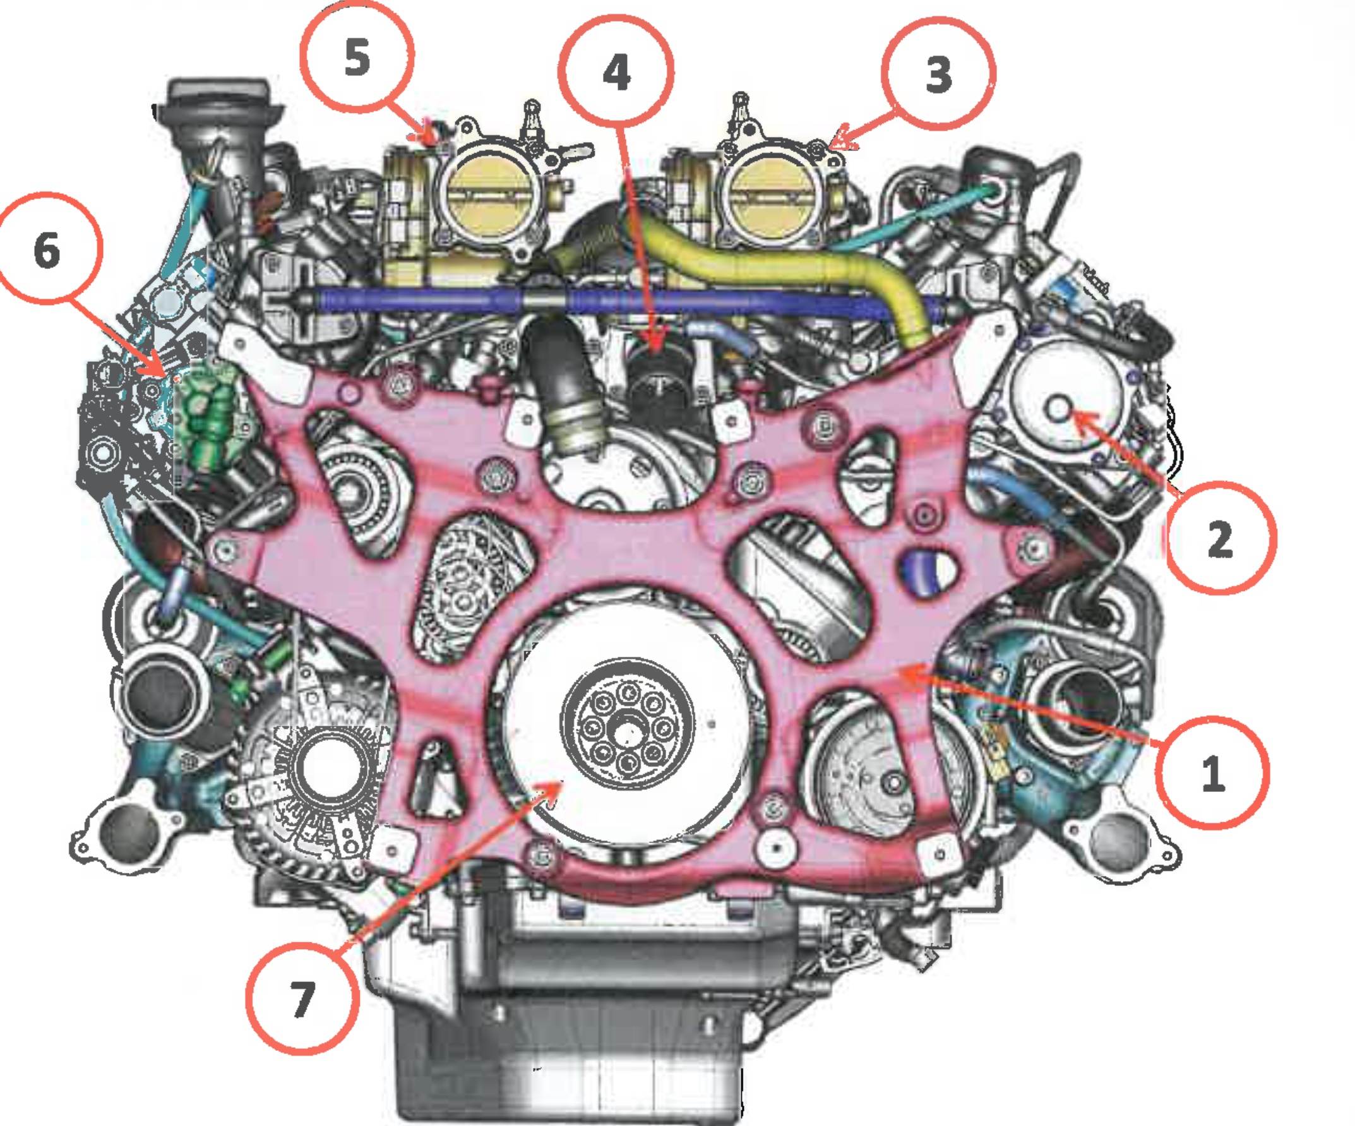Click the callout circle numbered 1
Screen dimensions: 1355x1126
click(1212, 770)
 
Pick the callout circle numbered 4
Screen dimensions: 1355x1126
click(617, 71)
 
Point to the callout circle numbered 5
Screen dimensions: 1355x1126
click(357, 57)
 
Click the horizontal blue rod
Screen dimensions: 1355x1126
click(619, 299)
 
